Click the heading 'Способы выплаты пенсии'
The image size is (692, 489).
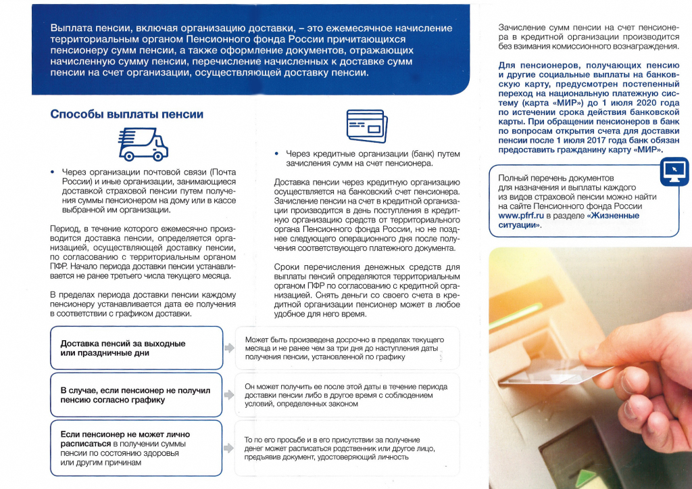(x=127, y=114)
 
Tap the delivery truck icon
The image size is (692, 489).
(x=143, y=143)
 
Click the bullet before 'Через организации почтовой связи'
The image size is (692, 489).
(x=53, y=172)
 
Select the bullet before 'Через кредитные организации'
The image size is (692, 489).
(x=277, y=154)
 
